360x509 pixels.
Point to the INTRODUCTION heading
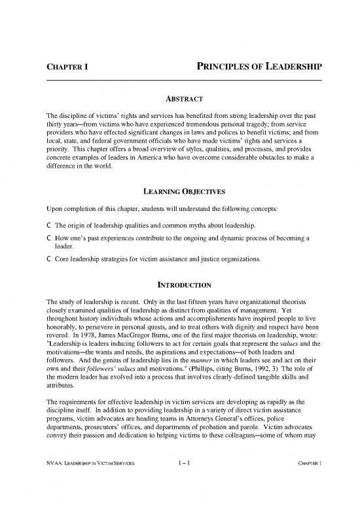tap(180, 285)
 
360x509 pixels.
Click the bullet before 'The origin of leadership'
tap(41, 208)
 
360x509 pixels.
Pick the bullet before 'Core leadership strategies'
tap(41, 258)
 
